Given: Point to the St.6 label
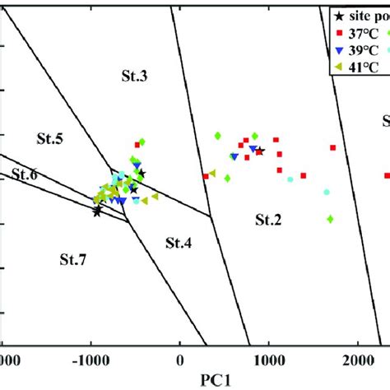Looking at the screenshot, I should coord(25,174).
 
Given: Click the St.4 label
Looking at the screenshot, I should coord(178,242).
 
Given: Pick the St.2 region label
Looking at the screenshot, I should coord(267,219).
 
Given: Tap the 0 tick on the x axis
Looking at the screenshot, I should coord(180,360).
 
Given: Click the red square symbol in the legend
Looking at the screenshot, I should coord(338,32).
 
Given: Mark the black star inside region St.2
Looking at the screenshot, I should coord(260,151).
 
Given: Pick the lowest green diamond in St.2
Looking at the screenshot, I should coord(330,219).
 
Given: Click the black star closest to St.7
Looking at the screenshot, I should coord(97,211).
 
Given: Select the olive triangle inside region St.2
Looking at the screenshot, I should coord(212,174).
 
